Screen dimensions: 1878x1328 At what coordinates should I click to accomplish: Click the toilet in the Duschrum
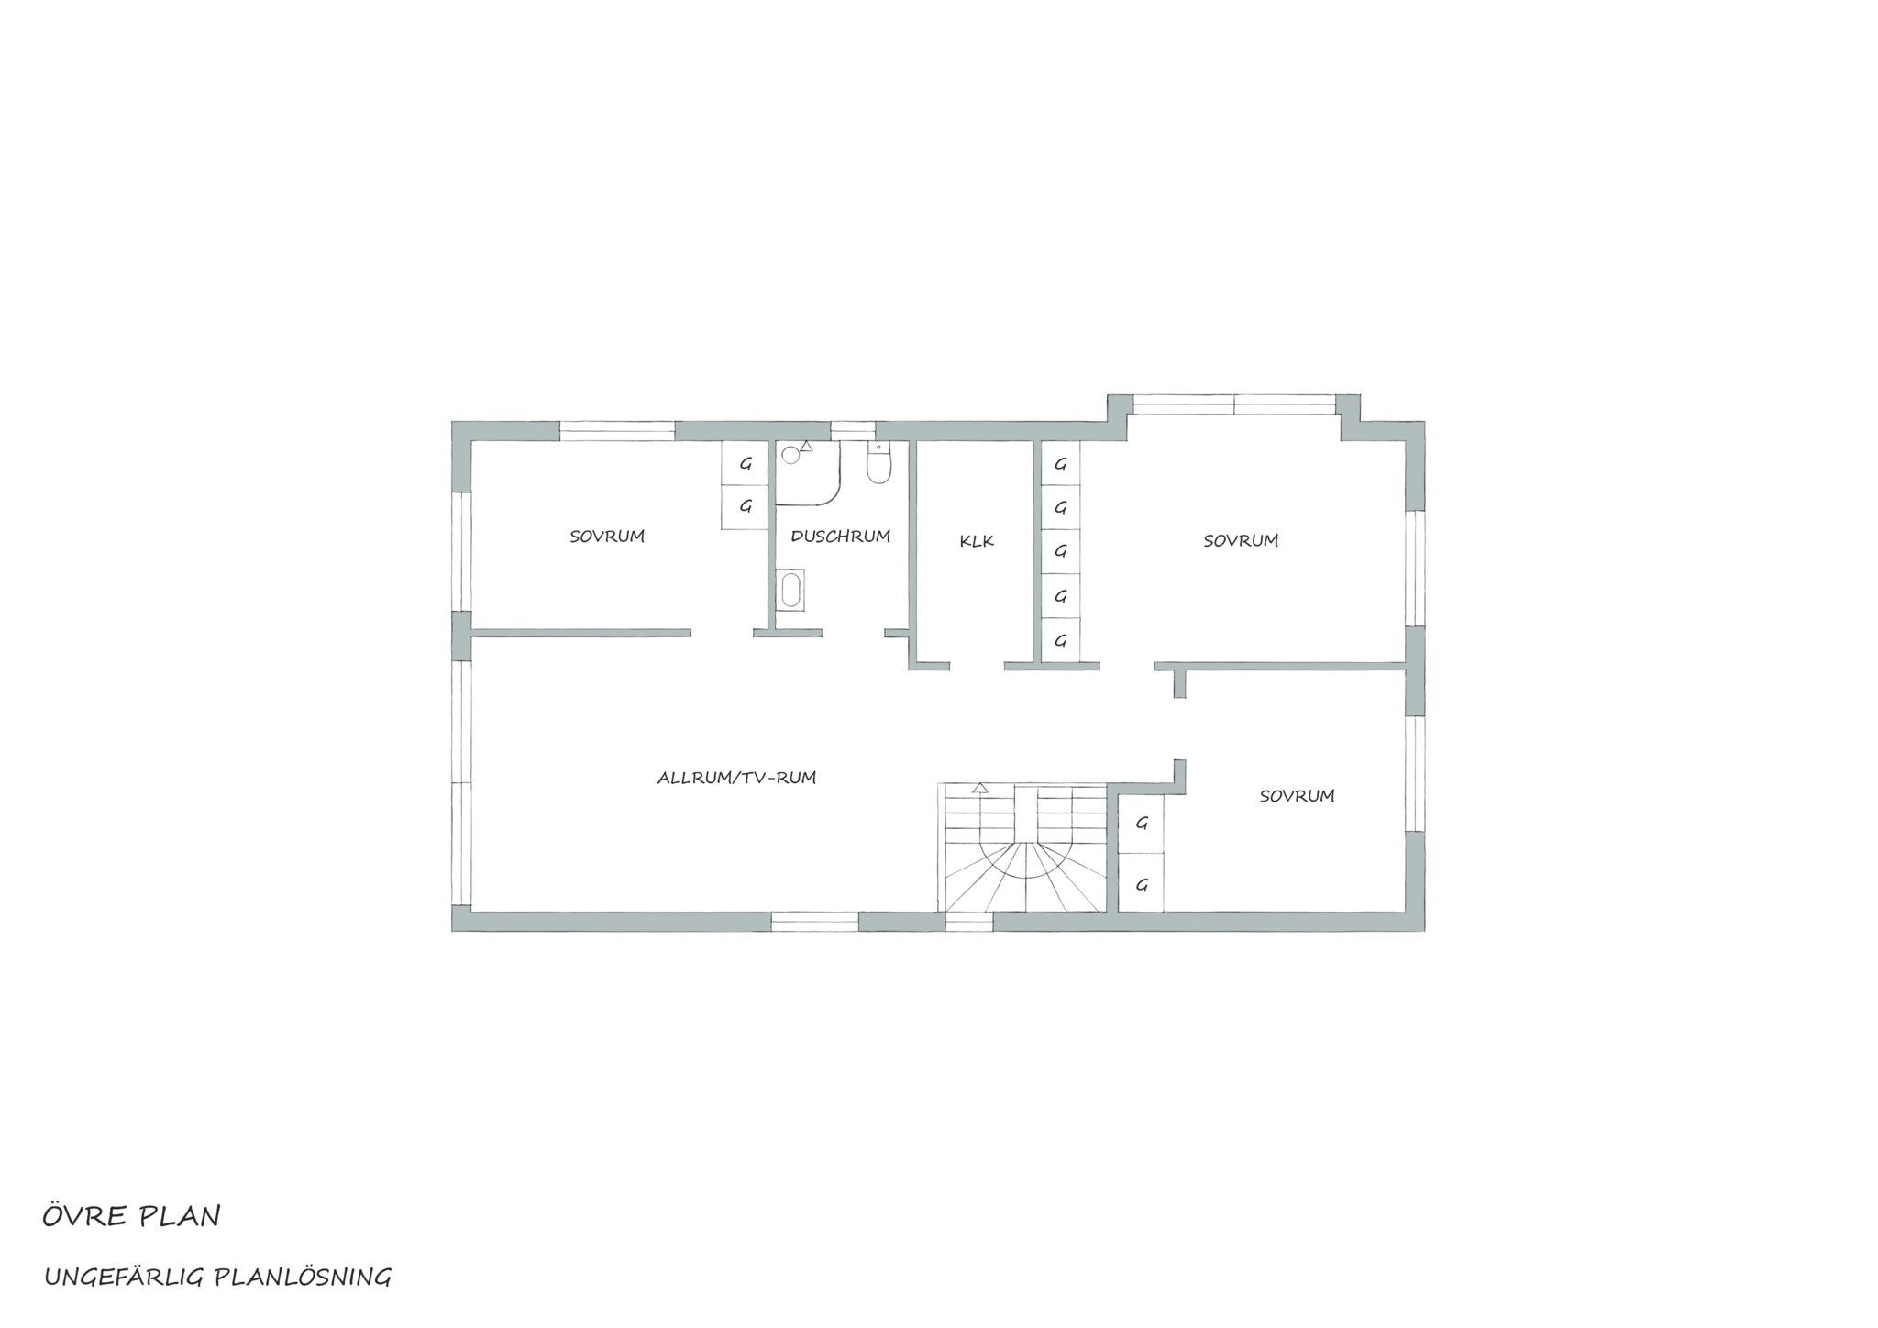coord(878,463)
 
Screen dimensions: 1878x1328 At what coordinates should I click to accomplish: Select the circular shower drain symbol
coord(790,455)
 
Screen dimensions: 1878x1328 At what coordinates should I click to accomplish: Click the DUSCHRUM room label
coord(840,537)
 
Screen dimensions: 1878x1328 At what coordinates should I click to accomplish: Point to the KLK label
coord(977,541)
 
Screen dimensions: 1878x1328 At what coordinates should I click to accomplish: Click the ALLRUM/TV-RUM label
coord(736,778)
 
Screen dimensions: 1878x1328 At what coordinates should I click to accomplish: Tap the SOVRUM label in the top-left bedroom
coord(607,537)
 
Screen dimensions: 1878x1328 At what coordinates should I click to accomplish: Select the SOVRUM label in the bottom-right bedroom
coord(1297,796)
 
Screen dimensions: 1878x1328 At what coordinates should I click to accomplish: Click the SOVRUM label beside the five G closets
coord(1241,541)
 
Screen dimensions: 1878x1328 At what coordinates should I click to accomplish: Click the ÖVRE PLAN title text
coord(131,1216)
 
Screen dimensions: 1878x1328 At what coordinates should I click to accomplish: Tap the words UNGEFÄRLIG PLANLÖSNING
coord(218,1277)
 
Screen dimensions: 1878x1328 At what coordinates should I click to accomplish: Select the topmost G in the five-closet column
coord(1061,464)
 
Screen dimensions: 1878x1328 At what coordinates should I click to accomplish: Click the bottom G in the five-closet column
coord(1061,640)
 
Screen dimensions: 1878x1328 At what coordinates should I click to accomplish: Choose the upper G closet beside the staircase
coord(1142,824)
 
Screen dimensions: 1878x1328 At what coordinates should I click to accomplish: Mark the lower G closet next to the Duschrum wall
coord(746,506)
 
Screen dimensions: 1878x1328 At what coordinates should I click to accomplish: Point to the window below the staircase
coord(969,922)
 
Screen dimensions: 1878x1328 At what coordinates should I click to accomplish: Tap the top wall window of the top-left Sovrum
coord(617,431)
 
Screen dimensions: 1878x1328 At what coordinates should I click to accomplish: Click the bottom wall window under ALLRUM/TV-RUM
coord(814,922)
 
